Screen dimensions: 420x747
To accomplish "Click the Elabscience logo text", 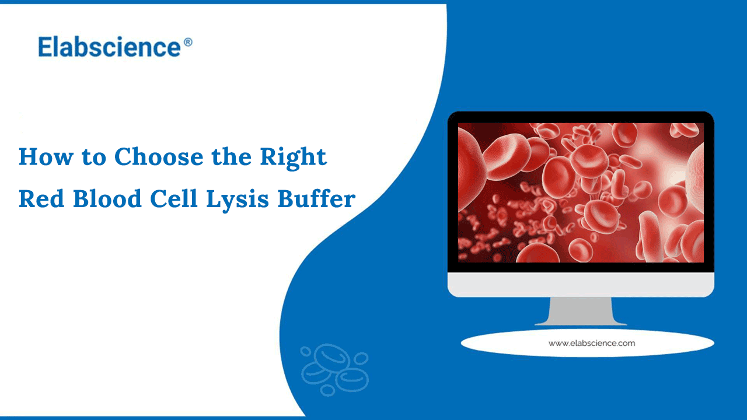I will point(110,47).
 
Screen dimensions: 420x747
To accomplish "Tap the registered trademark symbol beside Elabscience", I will point(188,43).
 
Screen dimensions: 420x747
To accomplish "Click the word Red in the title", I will point(41,199).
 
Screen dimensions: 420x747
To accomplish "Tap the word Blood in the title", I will point(106,199).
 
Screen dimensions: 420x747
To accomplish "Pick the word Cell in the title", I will point(170,199).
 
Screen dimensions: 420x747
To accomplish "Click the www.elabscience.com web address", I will point(591,343).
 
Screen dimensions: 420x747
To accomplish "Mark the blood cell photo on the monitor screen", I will point(581,192).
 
